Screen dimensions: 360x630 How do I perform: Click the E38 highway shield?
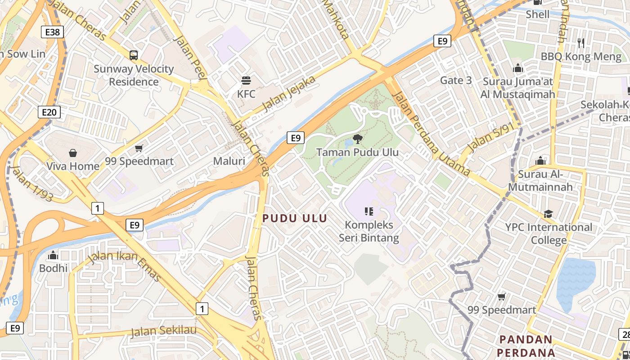[x=52, y=31]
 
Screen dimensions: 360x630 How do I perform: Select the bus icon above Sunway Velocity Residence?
[x=134, y=55]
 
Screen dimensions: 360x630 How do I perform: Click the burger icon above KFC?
[x=246, y=81]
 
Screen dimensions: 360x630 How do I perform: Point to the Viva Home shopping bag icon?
[x=73, y=153]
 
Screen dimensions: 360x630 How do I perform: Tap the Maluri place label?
[x=229, y=161]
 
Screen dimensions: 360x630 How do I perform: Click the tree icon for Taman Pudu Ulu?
[x=358, y=139]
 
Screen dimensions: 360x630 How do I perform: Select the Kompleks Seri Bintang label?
[x=369, y=231]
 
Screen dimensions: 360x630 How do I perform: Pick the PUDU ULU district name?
[x=295, y=218]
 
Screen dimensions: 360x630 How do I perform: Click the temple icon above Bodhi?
[x=53, y=255]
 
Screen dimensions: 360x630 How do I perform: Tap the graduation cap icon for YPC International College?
[x=548, y=214]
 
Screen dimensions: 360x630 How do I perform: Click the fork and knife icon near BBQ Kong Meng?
[x=581, y=43]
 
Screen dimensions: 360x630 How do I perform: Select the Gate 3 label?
[x=456, y=80]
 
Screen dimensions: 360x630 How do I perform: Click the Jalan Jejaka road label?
[x=289, y=94]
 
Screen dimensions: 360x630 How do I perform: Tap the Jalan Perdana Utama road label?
[x=431, y=134]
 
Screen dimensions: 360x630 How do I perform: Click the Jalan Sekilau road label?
[x=164, y=331]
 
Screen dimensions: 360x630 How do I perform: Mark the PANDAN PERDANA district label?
[x=526, y=346]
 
